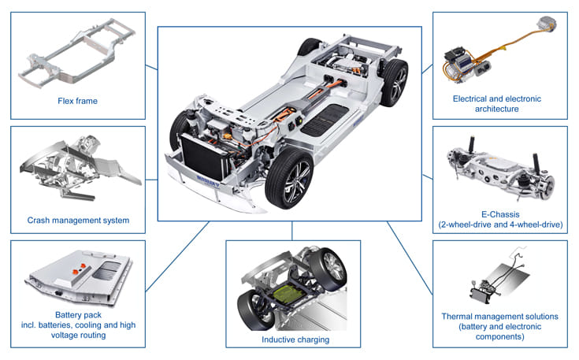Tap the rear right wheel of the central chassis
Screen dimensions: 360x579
click(393, 79)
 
